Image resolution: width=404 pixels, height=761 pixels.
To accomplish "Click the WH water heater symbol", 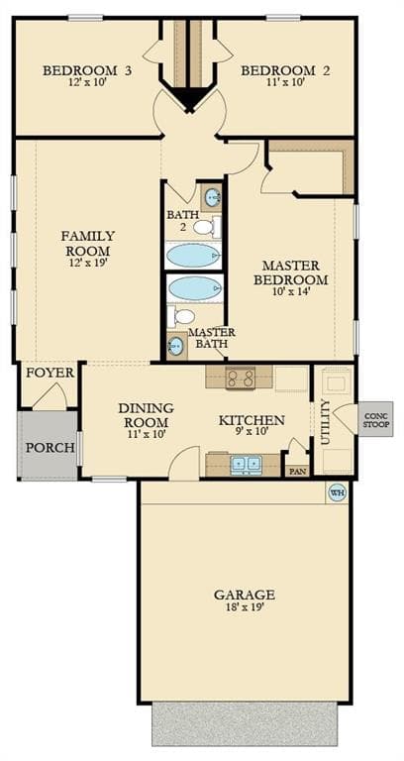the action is click(338, 492).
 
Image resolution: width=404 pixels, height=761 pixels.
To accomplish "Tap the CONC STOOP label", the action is click(375, 419).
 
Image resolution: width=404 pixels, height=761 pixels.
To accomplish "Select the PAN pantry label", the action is click(296, 471).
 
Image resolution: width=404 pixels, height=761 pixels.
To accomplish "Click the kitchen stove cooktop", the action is click(240, 378).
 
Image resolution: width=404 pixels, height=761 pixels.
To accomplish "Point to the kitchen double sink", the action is click(247, 465).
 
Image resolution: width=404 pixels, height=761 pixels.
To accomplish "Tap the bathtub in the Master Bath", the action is click(195, 288).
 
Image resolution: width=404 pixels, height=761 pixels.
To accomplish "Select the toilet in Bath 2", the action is click(207, 227).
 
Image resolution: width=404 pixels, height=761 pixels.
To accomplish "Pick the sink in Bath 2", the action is click(213, 197).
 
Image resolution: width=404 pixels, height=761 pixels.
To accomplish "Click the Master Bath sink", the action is click(176, 346).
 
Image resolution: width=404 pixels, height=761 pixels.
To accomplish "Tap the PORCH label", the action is click(50, 448).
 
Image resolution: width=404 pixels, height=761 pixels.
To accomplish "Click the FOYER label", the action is click(50, 374).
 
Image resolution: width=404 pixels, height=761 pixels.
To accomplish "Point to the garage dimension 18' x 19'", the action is click(245, 606).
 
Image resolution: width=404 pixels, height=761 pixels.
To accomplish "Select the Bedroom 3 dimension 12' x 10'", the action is click(87, 82).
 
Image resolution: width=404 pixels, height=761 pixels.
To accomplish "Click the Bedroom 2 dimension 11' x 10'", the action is click(285, 82).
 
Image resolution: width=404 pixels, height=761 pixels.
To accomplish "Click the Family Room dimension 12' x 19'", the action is click(88, 263).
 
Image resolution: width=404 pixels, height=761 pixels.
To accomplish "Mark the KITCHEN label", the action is click(252, 420).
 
